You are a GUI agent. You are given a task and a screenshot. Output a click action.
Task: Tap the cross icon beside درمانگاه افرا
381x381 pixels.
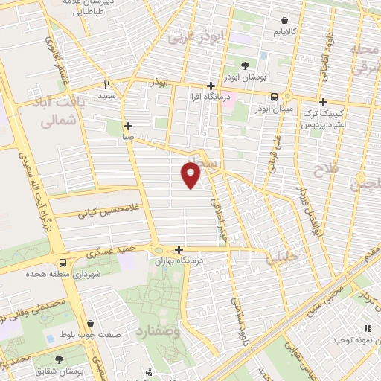[x=212, y=86]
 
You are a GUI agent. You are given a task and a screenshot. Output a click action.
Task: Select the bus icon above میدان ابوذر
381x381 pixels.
[x=275, y=96]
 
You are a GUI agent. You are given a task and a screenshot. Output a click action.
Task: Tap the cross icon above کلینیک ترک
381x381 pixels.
[x=322, y=102]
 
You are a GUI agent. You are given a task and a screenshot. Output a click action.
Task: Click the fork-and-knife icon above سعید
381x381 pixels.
[x=108, y=84]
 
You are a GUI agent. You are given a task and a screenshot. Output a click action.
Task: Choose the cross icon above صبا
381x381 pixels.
[x=128, y=126]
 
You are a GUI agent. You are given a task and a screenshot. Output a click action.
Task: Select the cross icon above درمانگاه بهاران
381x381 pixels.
[x=179, y=250]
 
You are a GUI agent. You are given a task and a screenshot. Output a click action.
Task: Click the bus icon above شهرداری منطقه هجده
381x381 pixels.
[x=63, y=263]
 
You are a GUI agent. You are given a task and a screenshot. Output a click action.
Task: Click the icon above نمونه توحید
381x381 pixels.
[x=366, y=328]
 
